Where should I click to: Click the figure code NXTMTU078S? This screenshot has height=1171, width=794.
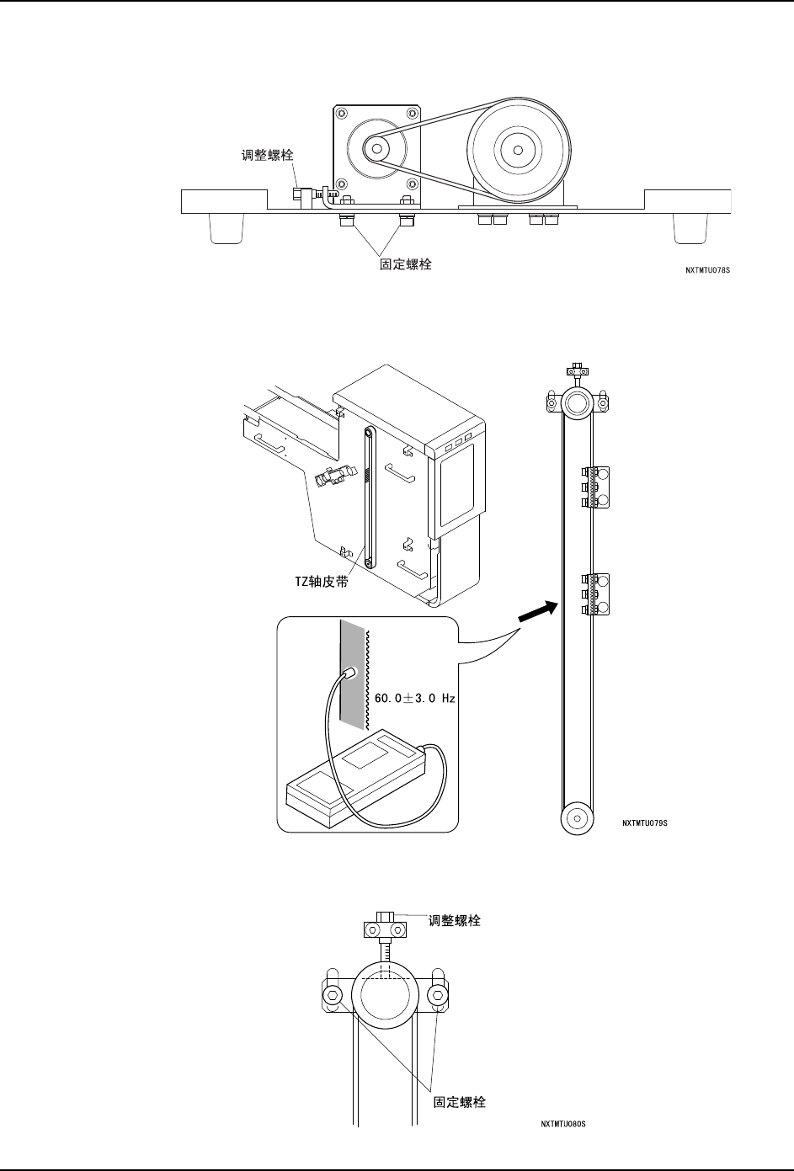(708, 270)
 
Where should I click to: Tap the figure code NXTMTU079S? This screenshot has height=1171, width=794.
(644, 822)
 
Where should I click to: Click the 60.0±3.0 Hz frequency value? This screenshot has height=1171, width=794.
(415, 698)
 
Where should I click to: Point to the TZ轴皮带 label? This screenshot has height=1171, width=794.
(322, 582)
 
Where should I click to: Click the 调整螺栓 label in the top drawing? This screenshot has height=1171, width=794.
(267, 155)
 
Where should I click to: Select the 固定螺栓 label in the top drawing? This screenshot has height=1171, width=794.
(406, 264)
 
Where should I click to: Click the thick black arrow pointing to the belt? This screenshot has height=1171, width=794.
(538, 611)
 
